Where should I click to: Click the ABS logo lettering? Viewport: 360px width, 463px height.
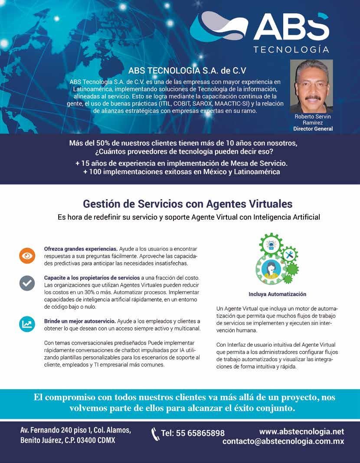(291, 27)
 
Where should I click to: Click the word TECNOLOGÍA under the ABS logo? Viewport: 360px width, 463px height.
(291, 49)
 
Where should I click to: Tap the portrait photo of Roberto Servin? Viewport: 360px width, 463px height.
(311, 86)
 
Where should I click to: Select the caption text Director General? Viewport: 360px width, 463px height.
(313, 129)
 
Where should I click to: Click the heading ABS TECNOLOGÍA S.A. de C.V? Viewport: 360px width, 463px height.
(187, 70)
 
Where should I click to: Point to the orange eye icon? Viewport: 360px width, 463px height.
(27, 256)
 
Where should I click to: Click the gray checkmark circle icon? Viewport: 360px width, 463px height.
(27, 283)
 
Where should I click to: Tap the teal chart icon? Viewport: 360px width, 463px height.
(27, 324)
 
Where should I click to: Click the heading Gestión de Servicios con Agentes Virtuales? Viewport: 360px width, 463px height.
(187, 204)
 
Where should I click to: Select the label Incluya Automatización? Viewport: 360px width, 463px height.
(277, 294)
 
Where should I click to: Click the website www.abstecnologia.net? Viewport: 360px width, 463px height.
(301, 431)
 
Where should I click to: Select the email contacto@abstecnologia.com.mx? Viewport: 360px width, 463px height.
(283, 441)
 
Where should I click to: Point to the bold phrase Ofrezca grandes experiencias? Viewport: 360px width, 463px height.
(81, 249)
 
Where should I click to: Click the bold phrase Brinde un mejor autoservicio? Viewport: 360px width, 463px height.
(80, 321)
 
